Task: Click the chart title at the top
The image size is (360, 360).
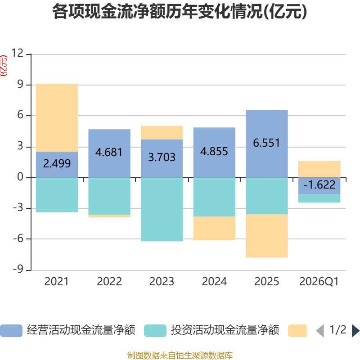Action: (x=180, y=12)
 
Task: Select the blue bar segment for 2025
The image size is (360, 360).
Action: (x=267, y=144)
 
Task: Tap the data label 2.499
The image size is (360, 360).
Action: (x=57, y=163)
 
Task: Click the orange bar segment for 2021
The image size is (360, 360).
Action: (x=57, y=118)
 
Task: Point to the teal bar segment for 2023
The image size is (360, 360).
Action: (x=162, y=209)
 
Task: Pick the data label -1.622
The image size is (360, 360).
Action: (x=319, y=184)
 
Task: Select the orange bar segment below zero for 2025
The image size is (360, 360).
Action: (x=267, y=236)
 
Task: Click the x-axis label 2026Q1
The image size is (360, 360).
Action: (x=319, y=282)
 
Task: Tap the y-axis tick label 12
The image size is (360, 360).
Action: (x=17, y=53)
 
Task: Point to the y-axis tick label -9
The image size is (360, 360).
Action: (x=18, y=269)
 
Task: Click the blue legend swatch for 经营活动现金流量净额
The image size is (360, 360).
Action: (x=11, y=331)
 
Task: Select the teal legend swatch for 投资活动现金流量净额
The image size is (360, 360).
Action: (x=155, y=331)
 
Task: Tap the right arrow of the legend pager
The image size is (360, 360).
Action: (x=356, y=331)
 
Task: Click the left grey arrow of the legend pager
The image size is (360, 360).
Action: (x=320, y=331)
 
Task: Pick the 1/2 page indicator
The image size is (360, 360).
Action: (x=338, y=330)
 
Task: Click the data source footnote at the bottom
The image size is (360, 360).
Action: (x=180, y=355)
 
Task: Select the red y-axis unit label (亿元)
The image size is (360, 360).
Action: (x=4, y=66)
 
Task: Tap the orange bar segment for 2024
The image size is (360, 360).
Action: (x=215, y=228)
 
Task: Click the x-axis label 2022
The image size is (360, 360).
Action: (x=109, y=282)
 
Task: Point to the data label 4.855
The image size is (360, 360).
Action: (x=214, y=152)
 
